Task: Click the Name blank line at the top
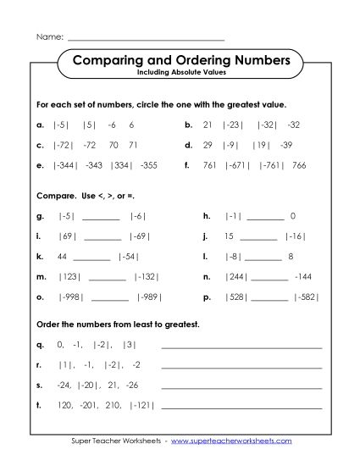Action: pos(146,40)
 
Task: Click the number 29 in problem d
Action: pos(208,144)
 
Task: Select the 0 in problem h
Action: pos(292,216)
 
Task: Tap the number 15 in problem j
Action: pos(229,236)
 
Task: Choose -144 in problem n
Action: pos(305,276)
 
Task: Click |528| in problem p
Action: pos(234,297)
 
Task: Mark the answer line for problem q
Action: pos(241,347)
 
